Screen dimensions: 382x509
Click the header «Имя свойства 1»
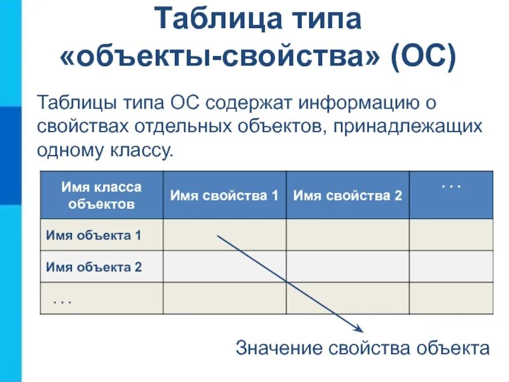click(x=224, y=195)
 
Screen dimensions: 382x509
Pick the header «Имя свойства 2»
click(x=347, y=195)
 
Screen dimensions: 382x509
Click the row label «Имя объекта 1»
click(x=94, y=236)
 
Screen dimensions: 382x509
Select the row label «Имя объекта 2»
click(x=94, y=267)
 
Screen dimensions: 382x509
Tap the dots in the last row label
click(x=62, y=299)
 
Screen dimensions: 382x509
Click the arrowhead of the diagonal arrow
click(x=359, y=329)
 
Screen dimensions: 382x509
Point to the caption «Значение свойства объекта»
click(x=363, y=348)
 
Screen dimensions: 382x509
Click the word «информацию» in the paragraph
click(x=356, y=102)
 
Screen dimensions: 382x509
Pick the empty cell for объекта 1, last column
click(x=450, y=235)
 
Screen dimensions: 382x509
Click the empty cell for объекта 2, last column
click(x=450, y=266)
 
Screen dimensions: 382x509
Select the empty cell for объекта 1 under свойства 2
click(x=347, y=235)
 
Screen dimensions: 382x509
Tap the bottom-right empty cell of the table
click(x=450, y=298)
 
